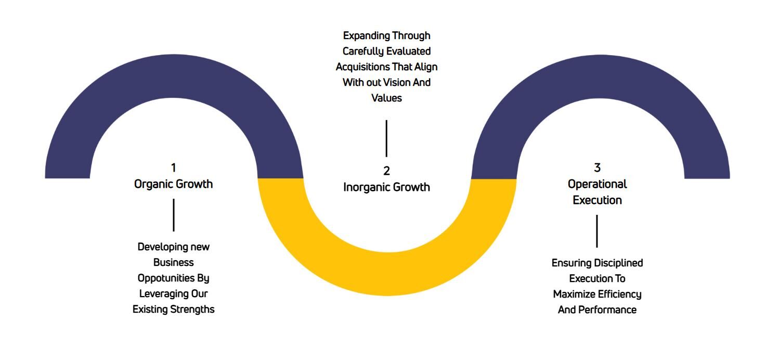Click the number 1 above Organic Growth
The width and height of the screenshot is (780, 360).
(x=173, y=168)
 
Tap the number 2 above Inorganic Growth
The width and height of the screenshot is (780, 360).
(x=386, y=171)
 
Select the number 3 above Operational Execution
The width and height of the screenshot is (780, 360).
(x=597, y=168)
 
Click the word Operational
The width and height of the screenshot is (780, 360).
(x=597, y=184)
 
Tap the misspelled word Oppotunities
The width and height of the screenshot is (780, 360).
(x=166, y=278)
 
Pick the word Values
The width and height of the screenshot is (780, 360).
(x=386, y=98)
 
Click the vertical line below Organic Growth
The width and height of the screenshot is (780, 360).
(x=174, y=215)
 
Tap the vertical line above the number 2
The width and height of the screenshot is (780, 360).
(x=386, y=138)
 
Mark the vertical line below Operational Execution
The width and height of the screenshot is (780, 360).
(x=597, y=231)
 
